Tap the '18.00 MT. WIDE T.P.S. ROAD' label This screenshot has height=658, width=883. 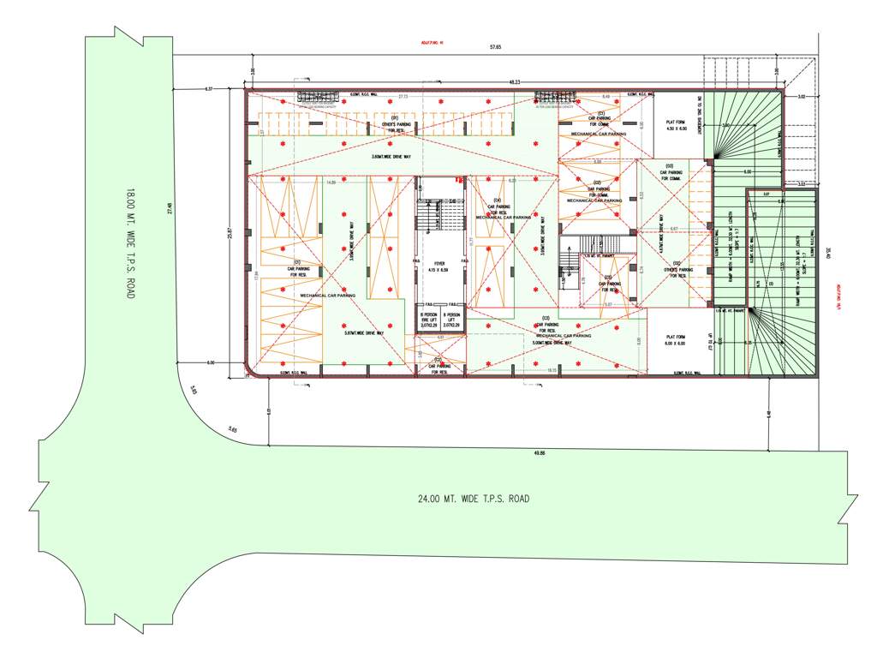click(x=131, y=243)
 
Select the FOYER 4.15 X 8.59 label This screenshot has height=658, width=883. click(x=439, y=267)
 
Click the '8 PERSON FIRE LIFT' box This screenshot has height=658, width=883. click(x=428, y=320)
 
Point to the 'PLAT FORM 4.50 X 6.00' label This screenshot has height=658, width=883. click(x=677, y=125)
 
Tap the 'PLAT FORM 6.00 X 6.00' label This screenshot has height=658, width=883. click(x=677, y=340)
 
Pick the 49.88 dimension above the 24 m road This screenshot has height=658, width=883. click(x=540, y=452)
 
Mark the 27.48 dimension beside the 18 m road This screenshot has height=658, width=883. click(x=170, y=207)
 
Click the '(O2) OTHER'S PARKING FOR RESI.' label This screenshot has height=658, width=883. click(x=677, y=270)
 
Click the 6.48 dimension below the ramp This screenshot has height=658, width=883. click(x=768, y=414)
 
